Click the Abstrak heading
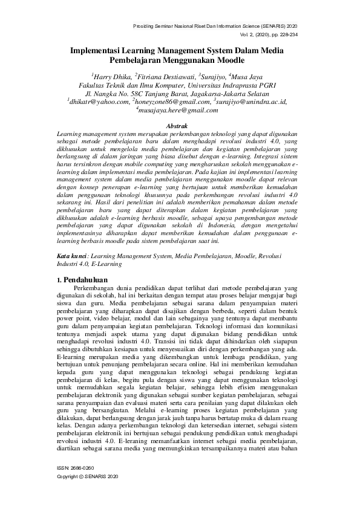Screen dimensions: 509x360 [179, 123]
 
